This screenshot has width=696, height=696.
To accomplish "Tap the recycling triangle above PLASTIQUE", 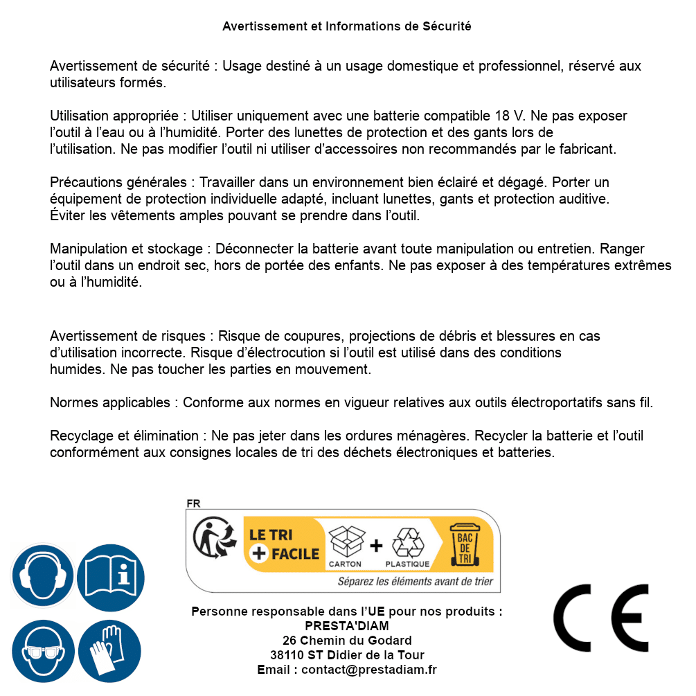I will tap(407, 542).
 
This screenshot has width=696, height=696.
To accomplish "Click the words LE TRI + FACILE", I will tap(284, 544).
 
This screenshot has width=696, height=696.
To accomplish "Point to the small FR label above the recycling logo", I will tap(193, 503).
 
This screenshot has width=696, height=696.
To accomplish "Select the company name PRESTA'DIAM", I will tap(346, 626).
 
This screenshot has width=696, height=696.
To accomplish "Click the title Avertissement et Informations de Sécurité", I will tap(346, 26).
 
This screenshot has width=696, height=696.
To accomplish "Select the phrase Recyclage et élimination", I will tap(125, 436).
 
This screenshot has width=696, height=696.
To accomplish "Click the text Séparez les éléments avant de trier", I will tap(415, 582).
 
